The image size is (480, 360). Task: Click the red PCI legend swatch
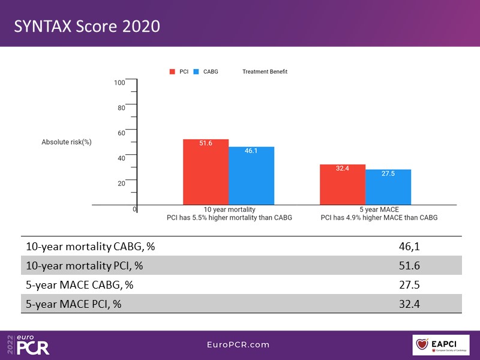172,71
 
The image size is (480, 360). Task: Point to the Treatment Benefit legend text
265,71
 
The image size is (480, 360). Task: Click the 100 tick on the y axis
120,82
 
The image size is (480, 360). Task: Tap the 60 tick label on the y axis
121,133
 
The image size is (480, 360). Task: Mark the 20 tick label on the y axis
121,183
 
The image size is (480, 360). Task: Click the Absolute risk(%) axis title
66,142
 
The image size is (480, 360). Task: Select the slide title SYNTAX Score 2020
87,27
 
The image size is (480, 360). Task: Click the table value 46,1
408,247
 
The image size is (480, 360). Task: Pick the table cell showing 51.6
409,266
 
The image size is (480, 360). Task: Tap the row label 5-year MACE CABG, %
79,285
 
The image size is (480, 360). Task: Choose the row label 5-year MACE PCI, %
73,304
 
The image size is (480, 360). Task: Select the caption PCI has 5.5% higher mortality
229,218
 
